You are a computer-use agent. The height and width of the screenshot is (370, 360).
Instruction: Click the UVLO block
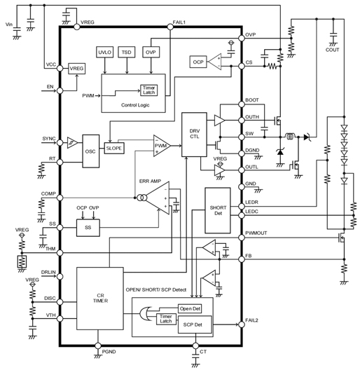[104, 53]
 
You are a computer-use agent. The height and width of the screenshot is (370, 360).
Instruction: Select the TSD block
[127, 53]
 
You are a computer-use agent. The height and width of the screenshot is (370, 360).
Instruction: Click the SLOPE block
[114, 149]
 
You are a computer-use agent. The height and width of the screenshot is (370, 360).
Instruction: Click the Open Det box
[190, 308]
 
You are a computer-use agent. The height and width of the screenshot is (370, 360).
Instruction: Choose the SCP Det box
[196, 325]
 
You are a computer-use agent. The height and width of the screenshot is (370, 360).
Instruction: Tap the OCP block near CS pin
[198, 62]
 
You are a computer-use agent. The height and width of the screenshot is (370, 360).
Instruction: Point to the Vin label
[9, 25]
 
